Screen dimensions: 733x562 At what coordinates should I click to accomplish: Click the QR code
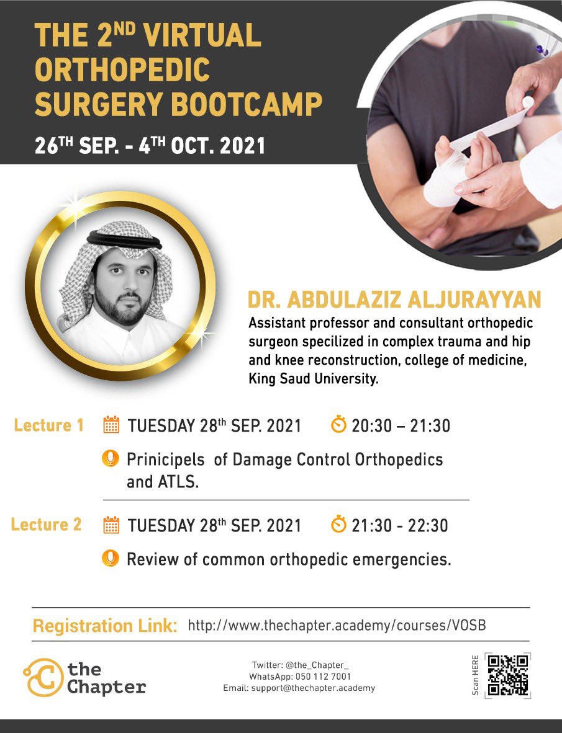507,675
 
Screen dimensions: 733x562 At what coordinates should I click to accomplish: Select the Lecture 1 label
48,425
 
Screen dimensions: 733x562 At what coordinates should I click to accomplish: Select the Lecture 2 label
47,525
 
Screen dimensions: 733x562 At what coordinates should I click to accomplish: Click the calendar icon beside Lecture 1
111,425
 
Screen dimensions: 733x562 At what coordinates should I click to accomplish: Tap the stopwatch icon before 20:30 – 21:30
338,425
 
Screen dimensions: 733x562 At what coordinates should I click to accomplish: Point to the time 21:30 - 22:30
400,526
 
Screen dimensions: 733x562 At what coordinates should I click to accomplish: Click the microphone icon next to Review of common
110,559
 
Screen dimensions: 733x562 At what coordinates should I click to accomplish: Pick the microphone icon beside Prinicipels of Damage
110,459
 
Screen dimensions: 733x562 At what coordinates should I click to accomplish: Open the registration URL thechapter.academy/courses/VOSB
337,626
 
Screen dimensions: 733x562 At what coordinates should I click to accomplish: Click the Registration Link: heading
105,626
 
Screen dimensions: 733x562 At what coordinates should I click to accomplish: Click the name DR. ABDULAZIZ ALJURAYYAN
394,300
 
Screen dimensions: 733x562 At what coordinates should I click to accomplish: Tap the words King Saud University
313,380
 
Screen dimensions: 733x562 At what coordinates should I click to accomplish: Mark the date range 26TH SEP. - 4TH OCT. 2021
150,146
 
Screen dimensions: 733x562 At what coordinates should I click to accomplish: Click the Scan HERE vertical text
475,675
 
